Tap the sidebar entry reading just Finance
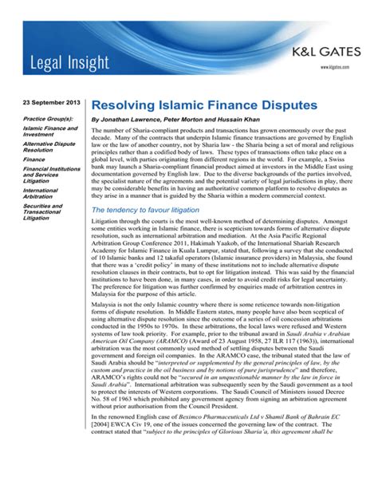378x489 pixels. click(x=33, y=160)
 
